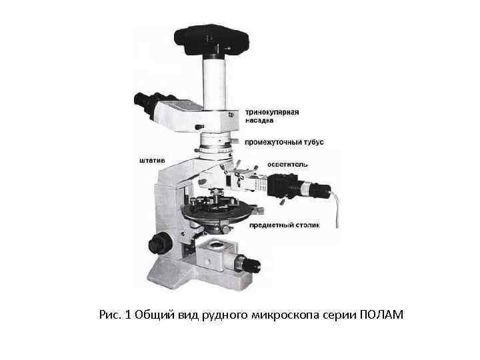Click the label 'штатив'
pos(152,161)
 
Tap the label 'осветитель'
pos(287,165)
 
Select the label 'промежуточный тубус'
pos(284,143)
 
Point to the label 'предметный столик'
pos(285,225)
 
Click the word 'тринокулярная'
pos(272,113)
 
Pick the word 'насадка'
pos(259,120)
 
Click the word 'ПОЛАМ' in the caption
pos(381,315)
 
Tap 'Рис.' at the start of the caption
pos(109,315)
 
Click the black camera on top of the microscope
pos(211,40)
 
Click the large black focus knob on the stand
pos(160,243)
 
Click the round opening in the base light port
pos(217,244)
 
